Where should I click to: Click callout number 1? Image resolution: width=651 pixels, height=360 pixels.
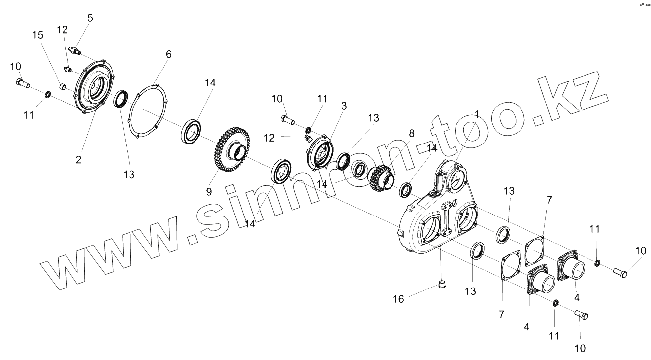coord(477,114)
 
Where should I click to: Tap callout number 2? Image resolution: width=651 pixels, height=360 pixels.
coord(79,160)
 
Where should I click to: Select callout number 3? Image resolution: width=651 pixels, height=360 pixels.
coord(343,106)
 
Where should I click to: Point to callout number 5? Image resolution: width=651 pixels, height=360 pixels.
coord(90,18)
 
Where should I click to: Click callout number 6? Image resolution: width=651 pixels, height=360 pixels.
coord(168,54)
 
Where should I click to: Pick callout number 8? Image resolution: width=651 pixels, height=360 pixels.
coord(411,133)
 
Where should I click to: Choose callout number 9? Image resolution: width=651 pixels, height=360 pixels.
coord(209,191)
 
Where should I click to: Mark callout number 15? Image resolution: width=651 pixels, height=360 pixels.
coord(38,35)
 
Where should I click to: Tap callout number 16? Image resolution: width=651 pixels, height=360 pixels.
coord(398,299)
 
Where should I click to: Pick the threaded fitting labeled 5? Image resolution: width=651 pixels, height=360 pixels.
coord(75,51)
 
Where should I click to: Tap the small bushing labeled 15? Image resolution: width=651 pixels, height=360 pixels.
coord(63,87)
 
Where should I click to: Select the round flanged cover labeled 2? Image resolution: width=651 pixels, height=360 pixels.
coord(94,88)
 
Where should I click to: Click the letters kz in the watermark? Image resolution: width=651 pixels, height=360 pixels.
coord(571,99)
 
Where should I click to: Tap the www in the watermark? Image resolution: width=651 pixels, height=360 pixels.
coord(114,248)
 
